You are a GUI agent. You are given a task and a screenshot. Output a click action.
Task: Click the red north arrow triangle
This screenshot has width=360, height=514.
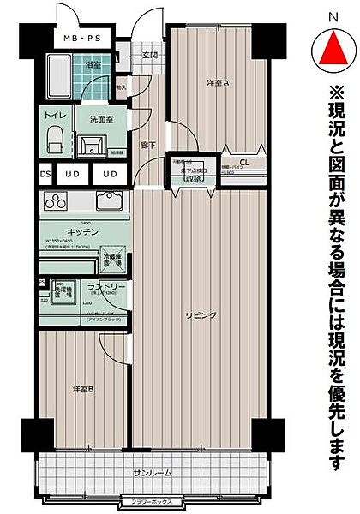tap(333, 49)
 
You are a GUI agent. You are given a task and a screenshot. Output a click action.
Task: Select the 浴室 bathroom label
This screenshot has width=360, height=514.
tap(93, 65)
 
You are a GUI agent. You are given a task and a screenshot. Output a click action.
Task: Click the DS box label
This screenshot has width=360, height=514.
tap(45, 175)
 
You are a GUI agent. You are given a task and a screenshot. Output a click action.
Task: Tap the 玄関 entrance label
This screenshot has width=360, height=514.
tap(150, 56)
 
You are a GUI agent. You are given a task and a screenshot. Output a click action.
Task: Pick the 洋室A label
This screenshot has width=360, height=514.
tap(218, 83)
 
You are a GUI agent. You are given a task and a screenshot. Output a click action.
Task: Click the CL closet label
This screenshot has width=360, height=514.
tap(244, 163)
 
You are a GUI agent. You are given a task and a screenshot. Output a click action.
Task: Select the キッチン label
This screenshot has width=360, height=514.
tap(82, 233)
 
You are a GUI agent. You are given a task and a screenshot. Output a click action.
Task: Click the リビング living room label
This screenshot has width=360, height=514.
tap(199, 316)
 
